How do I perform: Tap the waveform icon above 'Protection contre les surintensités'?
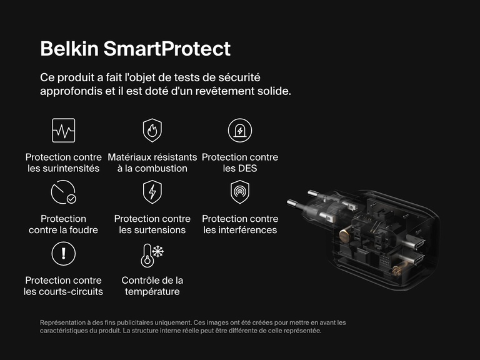[x=63, y=130]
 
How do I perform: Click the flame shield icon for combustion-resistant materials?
[x=152, y=130]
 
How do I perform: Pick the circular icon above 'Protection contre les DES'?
[x=240, y=130]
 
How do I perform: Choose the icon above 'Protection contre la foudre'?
[x=63, y=192]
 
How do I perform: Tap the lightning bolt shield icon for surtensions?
[x=152, y=192]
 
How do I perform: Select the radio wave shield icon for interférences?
[x=240, y=192]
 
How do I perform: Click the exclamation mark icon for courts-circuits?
[x=63, y=253]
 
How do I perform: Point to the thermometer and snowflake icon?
[x=152, y=254]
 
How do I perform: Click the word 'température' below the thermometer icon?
[x=152, y=292]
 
